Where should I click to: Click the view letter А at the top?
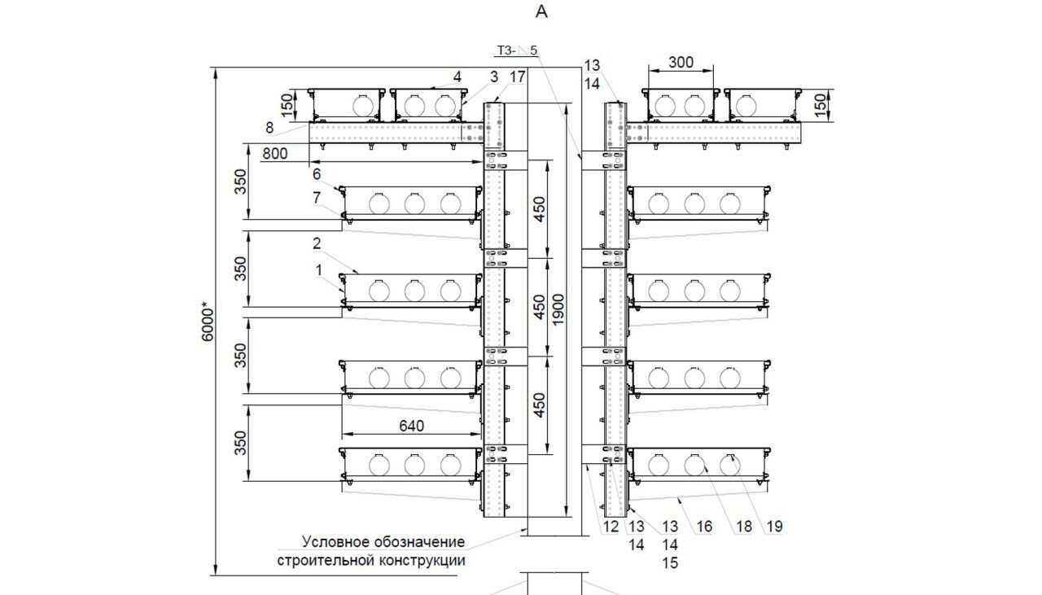[x=542, y=12]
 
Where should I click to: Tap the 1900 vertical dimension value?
[x=561, y=309]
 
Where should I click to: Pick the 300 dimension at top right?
[x=681, y=62]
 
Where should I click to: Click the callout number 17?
[x=519, y=77]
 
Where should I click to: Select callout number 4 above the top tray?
[x=458, y=77]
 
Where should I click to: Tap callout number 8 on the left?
[x=269, y=127]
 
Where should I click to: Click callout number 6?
[x=317, y=173]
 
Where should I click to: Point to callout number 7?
[x=317, y=198]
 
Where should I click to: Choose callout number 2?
[x=317, y=243]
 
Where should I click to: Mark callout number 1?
[x=320, y=269]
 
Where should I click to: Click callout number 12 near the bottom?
[x=611, y=527]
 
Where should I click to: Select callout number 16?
[x=704, y=527]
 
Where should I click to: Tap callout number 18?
[x=743, y=527]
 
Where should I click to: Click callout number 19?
[x=774, y=527]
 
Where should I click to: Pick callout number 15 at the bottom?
[x=671, y=562]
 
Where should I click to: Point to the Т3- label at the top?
[x=506, y=50]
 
